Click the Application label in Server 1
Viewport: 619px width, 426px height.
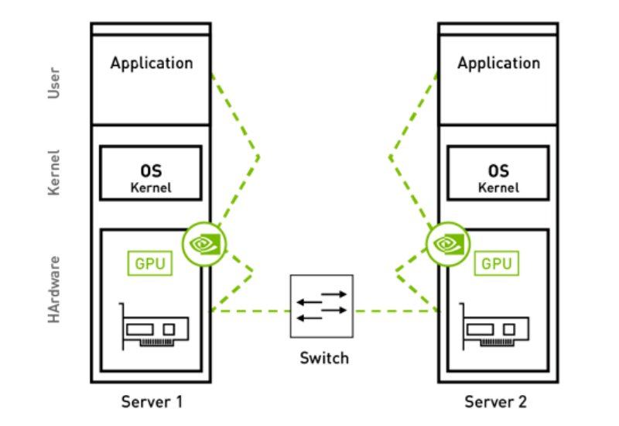click(151, 63)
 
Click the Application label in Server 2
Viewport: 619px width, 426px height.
click(498, 63)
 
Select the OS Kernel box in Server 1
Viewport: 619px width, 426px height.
click(151, 177)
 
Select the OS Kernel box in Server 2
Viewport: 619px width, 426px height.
click(498, 177)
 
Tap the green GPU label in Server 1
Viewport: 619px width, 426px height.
click(149, 263)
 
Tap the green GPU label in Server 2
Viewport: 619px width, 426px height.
click(497, 263)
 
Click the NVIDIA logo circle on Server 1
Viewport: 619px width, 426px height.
click(203, 242)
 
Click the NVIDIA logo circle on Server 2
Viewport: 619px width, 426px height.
click(447, 242)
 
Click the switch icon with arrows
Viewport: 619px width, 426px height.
click(322, 306)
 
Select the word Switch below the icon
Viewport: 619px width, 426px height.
click(324, 358)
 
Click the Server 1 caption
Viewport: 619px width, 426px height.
click(152, 402)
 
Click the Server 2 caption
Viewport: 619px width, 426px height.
click(496, 402)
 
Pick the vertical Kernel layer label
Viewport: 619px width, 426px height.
click(54, 172)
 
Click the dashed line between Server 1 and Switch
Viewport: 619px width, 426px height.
click(251, 311)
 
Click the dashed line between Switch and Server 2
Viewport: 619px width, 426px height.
click(395, 311)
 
